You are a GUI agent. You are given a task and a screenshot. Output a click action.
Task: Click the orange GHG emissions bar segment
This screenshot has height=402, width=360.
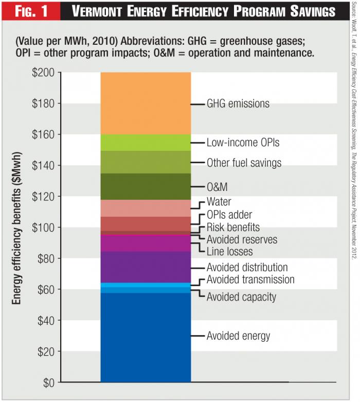coord(146,103)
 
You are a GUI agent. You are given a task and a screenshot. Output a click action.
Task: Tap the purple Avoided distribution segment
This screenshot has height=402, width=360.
coord(146,267)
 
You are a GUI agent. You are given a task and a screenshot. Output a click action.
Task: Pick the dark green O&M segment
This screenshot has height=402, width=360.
coord(146,186)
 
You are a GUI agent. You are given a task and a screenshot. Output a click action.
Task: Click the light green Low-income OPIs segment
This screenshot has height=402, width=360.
coord(146,143)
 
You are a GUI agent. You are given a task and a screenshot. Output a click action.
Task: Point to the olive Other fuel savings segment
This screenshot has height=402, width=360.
coord(146,162)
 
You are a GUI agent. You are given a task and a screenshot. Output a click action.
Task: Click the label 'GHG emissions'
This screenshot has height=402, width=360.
coord(238,104)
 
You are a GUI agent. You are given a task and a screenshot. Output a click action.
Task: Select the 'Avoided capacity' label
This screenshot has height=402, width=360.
coord(241,297)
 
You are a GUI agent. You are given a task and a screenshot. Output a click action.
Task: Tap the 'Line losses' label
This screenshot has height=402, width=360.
coord(229,252)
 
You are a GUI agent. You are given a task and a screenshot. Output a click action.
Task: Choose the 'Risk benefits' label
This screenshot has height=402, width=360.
coord(233,227)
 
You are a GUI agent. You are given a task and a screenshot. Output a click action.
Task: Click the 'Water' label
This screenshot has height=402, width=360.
coord(219,202)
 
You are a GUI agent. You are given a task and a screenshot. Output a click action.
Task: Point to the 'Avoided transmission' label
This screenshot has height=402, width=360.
coord(250,280)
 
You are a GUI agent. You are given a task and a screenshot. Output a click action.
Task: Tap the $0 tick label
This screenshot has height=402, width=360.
coord(48,382)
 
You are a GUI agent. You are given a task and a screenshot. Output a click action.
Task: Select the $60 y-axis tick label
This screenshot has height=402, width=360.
coord(46,290)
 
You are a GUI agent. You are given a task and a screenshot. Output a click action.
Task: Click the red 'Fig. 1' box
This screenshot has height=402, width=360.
coord(30,11)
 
